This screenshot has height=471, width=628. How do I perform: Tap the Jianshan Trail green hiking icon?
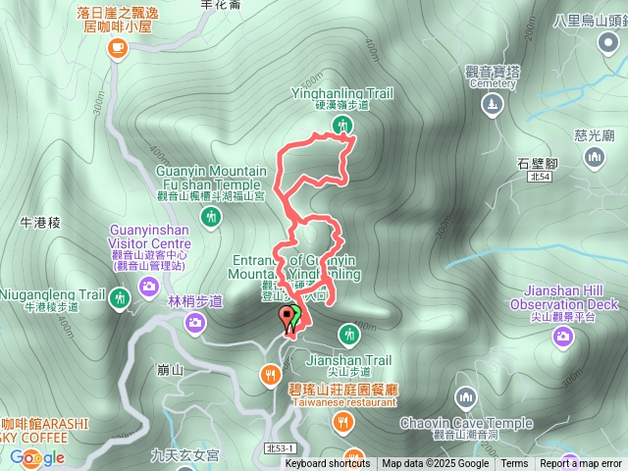point(346,336)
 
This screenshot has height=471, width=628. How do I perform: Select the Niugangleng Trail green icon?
point(120,297)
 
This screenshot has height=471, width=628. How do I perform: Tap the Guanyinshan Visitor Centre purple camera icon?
point(148,286)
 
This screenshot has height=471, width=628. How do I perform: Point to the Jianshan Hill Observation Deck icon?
point(563,338)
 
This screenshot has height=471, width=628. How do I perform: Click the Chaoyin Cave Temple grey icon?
point(465,397)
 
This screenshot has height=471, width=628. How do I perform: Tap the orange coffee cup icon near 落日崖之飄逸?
point(117,46)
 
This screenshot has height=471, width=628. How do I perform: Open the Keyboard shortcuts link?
point(327,464)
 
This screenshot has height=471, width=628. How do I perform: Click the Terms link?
point(514,464)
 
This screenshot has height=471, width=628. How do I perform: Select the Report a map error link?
point(581,464)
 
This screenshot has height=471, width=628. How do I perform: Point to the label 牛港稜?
point(40,223)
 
